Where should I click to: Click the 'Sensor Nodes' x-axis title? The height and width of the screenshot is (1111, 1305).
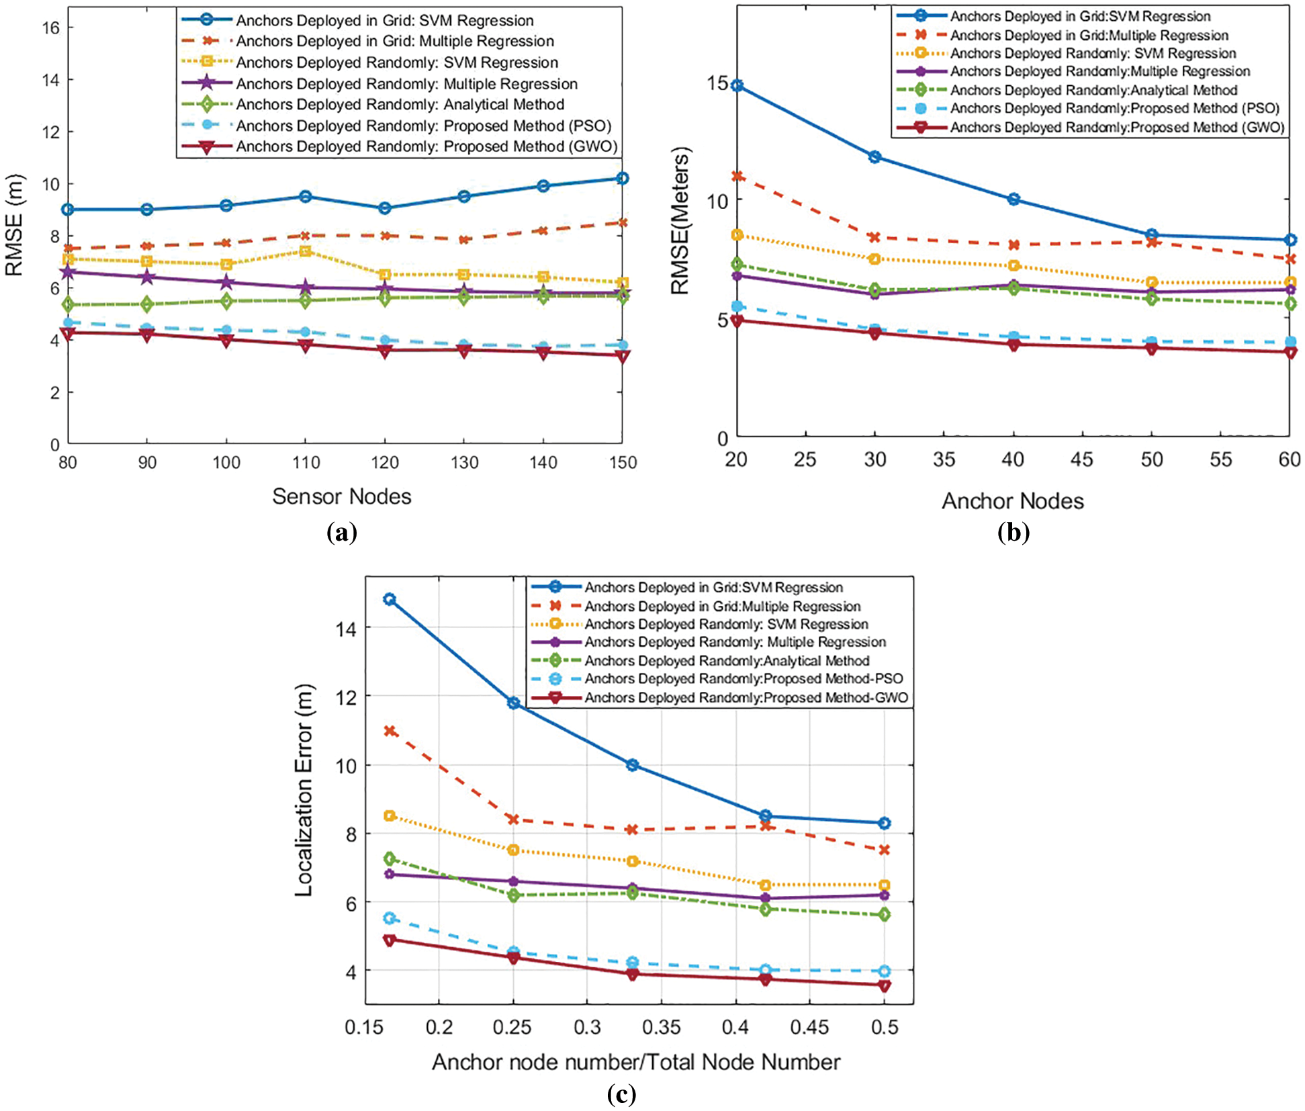[x=341, y=496]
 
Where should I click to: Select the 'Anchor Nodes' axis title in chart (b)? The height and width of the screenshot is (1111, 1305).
[x=1012, y=501]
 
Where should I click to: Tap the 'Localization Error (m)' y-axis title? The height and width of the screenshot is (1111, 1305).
[x=304, y=790]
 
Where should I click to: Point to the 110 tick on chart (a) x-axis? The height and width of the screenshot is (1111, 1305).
[x=306, y=462]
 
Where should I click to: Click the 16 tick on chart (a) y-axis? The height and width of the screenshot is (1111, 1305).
[x=50, y=28]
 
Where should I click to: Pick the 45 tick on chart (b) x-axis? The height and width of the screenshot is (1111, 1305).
[x=1081, y=459]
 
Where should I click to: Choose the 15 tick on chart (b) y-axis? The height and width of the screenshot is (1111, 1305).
[x=717, y=83]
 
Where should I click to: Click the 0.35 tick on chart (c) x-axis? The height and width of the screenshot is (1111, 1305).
[x=661, y=1027]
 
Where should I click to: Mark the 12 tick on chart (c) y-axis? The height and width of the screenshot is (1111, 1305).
[x=346, y=697]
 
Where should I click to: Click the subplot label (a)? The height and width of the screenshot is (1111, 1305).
[x=341, y=533]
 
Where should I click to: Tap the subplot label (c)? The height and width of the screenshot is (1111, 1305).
[x=621, y=1094]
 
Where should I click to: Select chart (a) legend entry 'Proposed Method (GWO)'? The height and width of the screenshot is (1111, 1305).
[x=426, y=146]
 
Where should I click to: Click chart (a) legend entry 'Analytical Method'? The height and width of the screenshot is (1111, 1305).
[x=400, y=105]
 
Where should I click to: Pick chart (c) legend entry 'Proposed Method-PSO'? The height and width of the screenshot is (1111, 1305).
[x=744, y=679]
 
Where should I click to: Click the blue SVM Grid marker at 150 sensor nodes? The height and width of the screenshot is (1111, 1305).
[x=623, y=179]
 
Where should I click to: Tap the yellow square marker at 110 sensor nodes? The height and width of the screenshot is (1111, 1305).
[x=306, y=251]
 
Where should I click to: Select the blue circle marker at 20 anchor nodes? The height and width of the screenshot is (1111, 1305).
[x=737, y=86]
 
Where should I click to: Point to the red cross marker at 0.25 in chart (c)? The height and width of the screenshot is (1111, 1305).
[x=514, y=819]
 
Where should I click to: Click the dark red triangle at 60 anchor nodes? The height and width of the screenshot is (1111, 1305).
[x=1290, y=352]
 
